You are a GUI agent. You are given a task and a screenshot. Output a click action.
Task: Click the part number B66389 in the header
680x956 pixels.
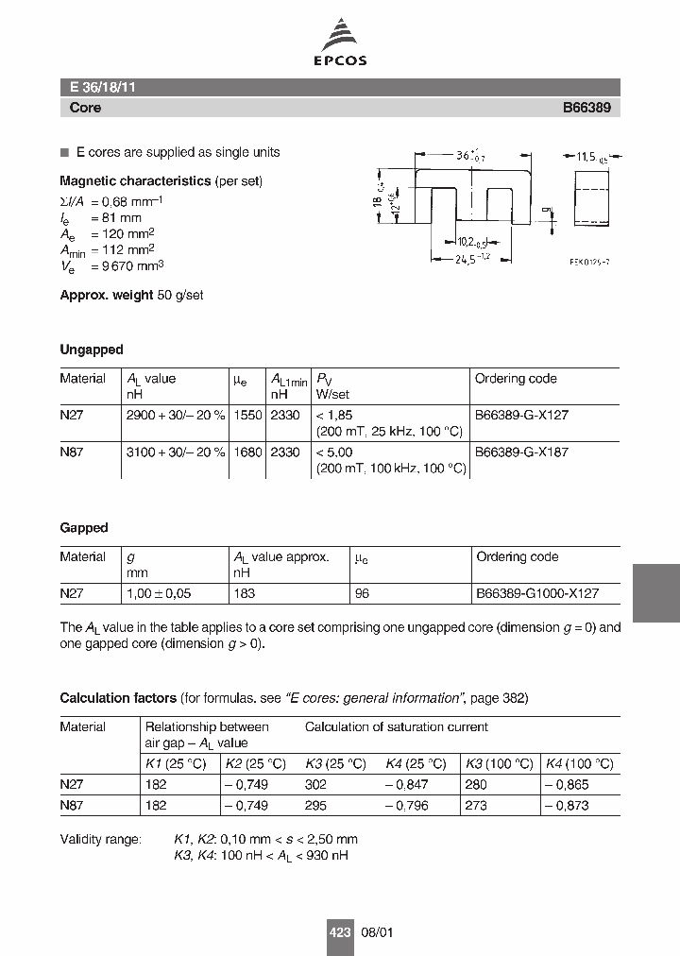(x=586, y=108)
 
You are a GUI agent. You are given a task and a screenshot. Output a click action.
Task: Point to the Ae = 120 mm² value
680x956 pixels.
(x=107, y=232)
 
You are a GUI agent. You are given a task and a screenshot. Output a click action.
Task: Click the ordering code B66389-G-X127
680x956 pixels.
(x=521, y=415)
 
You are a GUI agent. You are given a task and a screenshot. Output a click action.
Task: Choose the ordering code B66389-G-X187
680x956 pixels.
(x=521, y=452)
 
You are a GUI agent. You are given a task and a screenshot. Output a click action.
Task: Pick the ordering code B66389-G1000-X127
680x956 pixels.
(x=536, y=593)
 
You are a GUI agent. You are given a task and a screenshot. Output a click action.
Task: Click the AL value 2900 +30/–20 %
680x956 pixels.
(x=176, y=415)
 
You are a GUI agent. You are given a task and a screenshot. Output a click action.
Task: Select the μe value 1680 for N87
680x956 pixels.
(x=246, y=452)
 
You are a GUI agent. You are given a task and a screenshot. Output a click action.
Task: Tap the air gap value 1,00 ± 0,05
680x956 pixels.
(x=158, y=593)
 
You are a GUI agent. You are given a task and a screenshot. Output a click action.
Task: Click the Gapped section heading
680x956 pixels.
(x=84, y=528)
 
